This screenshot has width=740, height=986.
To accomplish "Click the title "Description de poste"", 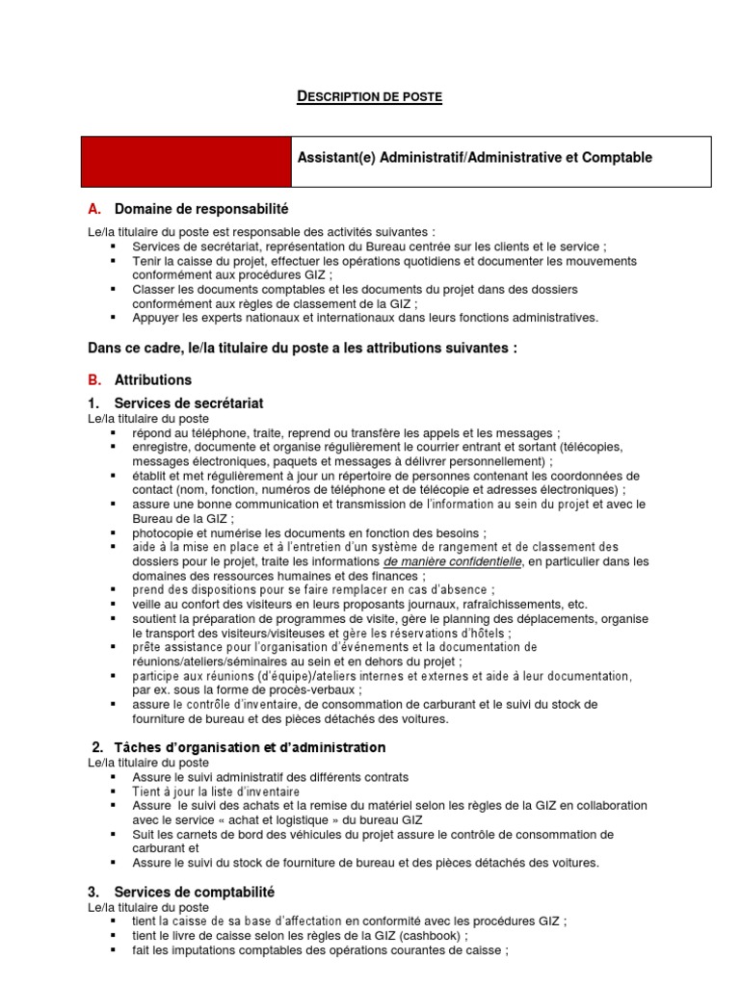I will pyautogui.click(x=369, y=96).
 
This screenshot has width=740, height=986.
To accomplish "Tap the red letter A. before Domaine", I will pyautogui.click(x=94, y=209).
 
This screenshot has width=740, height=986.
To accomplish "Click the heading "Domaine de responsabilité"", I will pyautogui.click(x=201, y=209).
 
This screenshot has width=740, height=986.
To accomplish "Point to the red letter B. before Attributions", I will pyautogui.click(x=94, y=380).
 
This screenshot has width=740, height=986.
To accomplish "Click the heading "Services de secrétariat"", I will pyautogui.click(x=189, y=402).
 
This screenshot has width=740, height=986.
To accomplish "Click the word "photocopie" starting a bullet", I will pyautogui.click(x=163, y=532).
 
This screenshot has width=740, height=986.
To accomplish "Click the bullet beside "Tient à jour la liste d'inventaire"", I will pyautogui.click(x=113, y=791).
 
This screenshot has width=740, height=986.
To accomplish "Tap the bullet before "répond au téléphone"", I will pyautogui.click(x=113, y=433).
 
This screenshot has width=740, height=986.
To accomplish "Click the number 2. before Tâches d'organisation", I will pyautogui.click(x=97, y=747).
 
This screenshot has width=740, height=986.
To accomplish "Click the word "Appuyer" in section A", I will pyautogui.click(x=155, y=317).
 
